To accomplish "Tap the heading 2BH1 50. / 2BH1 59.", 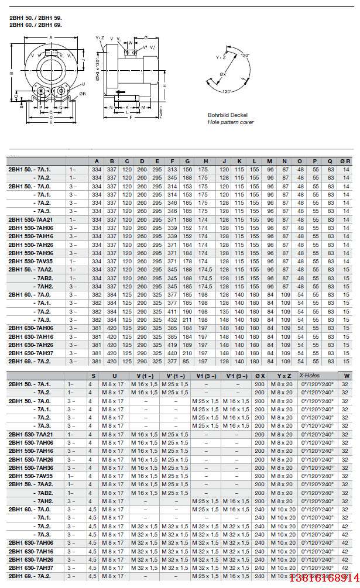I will coord(35,19).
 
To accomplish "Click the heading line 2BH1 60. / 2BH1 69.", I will coord(35,26).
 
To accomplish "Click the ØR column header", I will coord(345,161).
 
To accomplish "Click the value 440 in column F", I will coord(172,353).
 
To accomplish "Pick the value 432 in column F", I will coord(172,320).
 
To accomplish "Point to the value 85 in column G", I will coord(188,362).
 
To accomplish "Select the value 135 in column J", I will coord(223,312).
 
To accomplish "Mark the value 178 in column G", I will coord(188,261).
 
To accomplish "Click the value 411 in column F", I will coord(172,312).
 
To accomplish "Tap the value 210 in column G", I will coord(188,353).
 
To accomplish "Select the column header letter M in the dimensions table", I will coord(269,161).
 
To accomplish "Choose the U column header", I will coord(114,376).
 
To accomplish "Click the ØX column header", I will coord(260,376).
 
